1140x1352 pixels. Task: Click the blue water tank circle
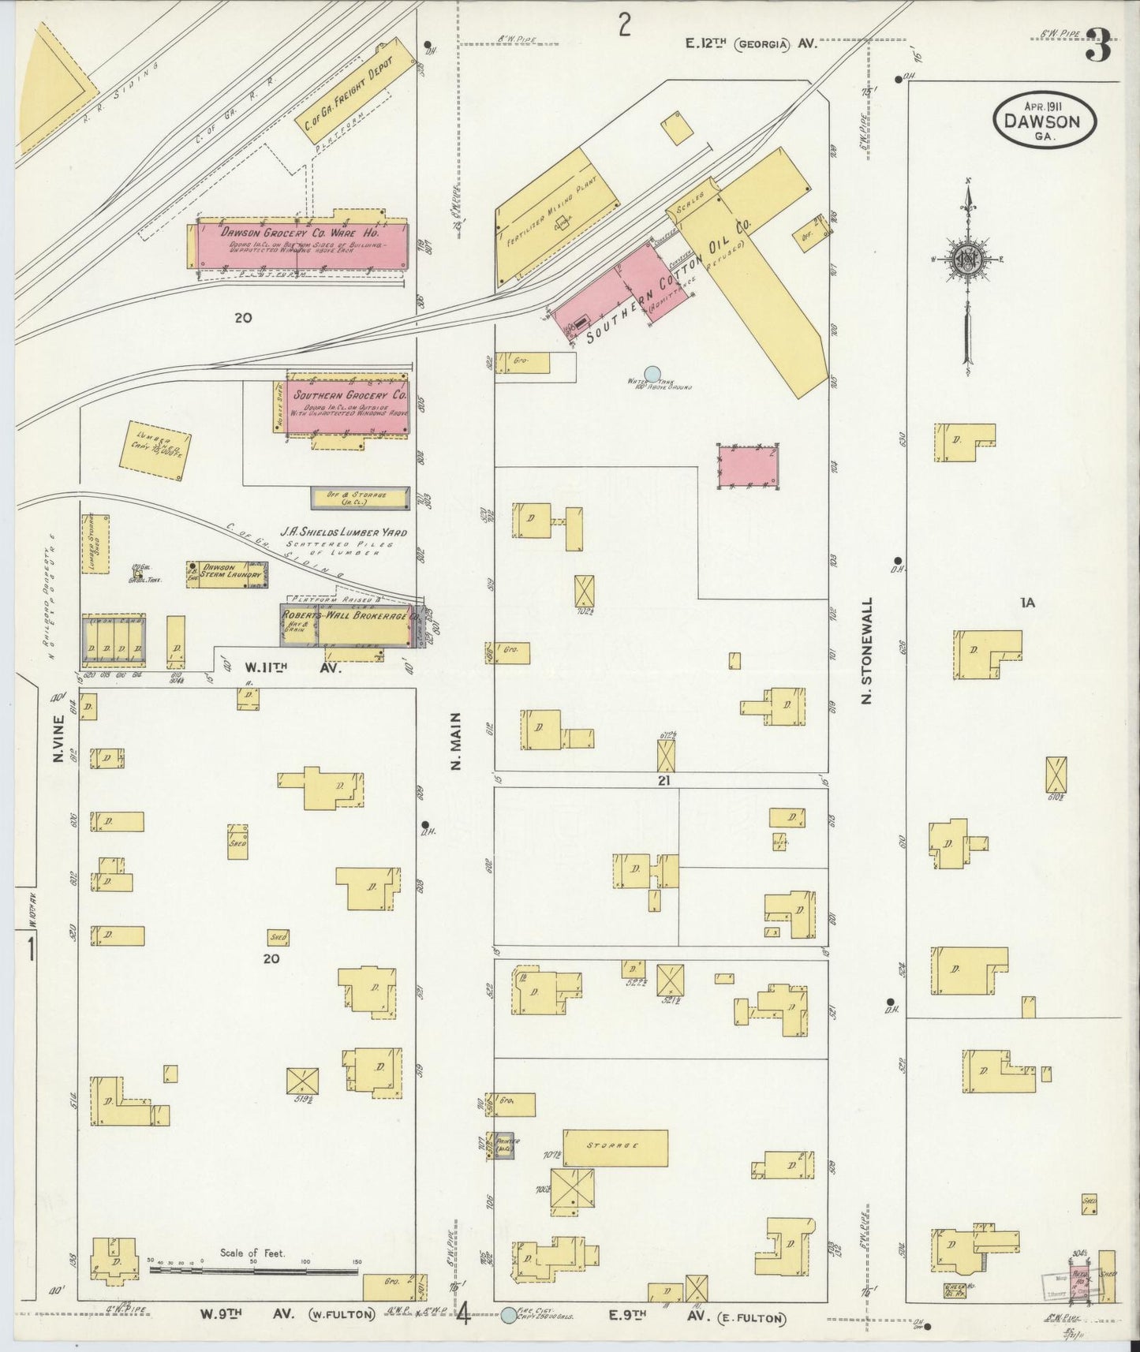[x=652, y=374]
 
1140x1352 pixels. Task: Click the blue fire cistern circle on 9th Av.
[x=509, y=1314]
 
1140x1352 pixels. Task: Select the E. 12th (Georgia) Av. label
[x=749, y=45]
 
